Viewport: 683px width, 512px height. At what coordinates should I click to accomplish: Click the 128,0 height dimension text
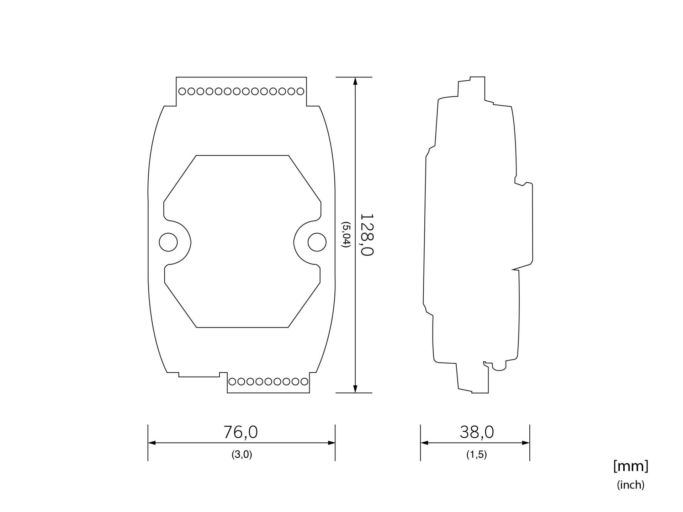tap(367, 235)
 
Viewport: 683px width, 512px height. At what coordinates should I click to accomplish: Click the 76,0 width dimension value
tap(240, 432)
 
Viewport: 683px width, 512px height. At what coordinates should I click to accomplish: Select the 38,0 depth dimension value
tap(477, 432)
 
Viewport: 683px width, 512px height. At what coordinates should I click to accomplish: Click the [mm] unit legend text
tap(631, 466)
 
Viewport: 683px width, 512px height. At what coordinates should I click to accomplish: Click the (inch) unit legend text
tap(630, 485)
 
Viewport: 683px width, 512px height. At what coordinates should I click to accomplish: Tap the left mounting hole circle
tap(168, 242)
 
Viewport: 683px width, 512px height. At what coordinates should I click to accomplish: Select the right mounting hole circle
tap(317, 242)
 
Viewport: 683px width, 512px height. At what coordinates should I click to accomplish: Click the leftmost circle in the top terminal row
tap(182, 91)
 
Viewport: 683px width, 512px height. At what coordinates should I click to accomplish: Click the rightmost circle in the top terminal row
tap(300, 91)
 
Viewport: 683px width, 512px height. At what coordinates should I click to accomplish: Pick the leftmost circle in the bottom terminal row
tap(232, 382)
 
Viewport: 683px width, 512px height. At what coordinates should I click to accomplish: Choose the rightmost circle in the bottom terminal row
tap(304, 382)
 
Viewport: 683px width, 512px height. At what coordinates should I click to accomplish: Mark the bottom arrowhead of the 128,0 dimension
tap(355, 389)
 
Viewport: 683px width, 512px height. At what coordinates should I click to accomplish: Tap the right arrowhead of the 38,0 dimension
tap(526, 443)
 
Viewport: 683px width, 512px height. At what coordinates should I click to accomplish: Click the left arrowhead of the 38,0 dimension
tap(424, 443)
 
